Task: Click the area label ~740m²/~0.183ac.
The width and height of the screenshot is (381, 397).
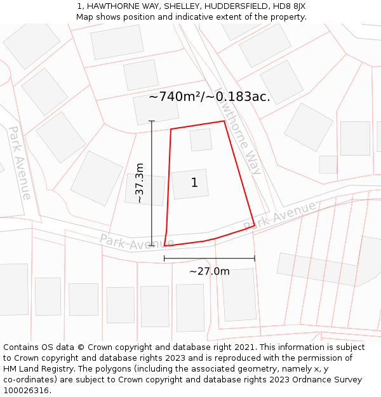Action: pos(209,97)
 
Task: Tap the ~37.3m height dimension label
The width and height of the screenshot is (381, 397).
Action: pos(140,183)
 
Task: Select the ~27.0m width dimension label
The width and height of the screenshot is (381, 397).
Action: pos(209,271)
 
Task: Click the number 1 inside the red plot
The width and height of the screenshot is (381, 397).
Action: pos(194,183)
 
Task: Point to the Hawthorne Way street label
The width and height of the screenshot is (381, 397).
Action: pos(239,131)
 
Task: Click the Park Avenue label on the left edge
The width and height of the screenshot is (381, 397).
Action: pos(19,162)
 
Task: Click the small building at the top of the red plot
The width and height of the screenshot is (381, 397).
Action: pos(201,140)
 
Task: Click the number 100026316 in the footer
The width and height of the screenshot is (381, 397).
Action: pos(27,391)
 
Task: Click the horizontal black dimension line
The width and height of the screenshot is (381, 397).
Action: pos(209,259)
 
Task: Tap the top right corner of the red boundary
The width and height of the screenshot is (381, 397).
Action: pos(224,121)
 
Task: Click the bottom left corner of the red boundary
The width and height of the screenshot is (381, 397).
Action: pos(164,246)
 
